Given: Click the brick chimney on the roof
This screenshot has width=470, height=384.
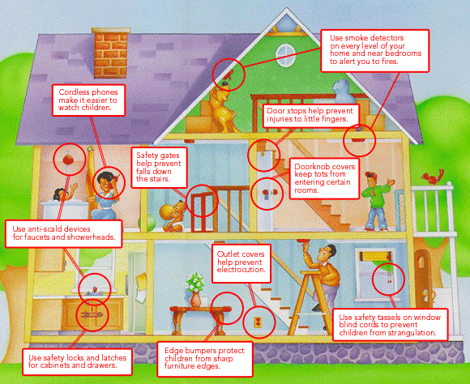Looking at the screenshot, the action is click(x=111, y=53).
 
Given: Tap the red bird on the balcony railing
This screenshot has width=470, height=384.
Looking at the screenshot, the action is click(x=434, y=177).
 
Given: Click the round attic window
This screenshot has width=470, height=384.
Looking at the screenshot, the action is click(x=284, y=55).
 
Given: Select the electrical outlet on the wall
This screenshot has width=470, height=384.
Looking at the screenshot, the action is click(x=258, y=322).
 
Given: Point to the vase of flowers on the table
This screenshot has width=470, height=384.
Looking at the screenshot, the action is click(x=195, y=289).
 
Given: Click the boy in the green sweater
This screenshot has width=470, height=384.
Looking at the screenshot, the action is click(x=375, y=201).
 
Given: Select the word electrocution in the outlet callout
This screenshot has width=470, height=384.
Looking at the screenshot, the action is click(x=241, y=270).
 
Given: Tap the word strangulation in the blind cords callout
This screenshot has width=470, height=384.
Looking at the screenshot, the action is click(x=412, y=333).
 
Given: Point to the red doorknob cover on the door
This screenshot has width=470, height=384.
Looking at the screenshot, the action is click(x=266, y=193).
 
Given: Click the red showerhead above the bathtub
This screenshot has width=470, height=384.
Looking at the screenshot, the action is click(x=68, y=160).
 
